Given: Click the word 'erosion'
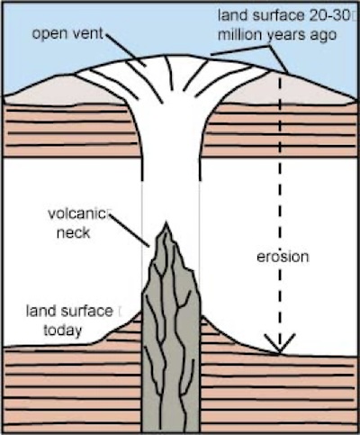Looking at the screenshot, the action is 283,257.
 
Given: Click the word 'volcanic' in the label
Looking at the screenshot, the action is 77,213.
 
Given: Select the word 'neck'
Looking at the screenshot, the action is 73,232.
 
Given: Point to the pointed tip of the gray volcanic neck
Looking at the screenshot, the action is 165,222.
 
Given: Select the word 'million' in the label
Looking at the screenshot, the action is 239,35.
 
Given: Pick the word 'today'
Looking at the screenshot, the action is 63,331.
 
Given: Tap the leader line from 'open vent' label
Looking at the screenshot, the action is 125,50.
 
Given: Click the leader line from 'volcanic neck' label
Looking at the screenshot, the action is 130,231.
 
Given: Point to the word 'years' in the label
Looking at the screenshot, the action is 286,36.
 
